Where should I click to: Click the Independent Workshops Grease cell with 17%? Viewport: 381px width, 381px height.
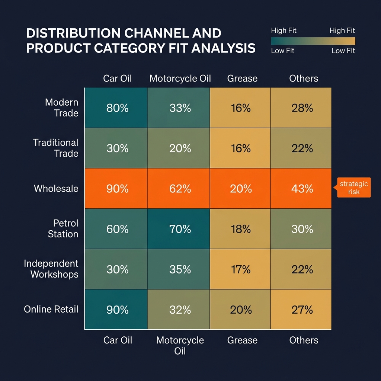pos(240,269)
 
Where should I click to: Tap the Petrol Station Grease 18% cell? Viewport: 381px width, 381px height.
pos(240,229)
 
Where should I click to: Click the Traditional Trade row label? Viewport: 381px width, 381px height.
pos(56,148)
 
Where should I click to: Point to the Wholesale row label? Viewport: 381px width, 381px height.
pos(56,189)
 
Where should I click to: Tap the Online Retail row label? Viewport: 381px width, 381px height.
pos(51,309)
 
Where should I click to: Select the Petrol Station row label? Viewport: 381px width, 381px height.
pos(63,228)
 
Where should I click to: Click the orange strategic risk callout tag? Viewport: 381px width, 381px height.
pos(353,188)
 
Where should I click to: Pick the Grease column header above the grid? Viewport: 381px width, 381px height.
pos(242,79)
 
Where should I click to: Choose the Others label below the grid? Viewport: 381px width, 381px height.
pos(304,340)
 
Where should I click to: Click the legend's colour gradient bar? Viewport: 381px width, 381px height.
pos(313,41)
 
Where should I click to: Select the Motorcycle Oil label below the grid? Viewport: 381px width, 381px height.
pos(180,345)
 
